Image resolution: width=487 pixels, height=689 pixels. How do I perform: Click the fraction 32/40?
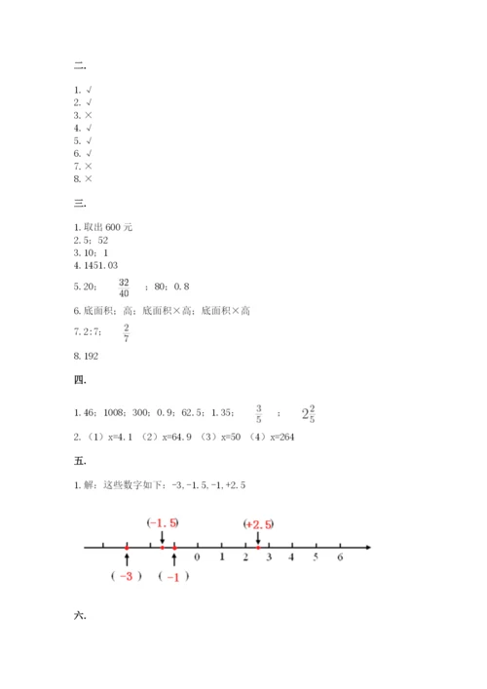click(x=123, y=287)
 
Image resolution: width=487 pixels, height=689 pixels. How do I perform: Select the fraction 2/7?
click(x=127, y=333)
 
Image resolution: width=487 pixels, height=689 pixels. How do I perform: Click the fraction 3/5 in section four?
click(x=258, y=413)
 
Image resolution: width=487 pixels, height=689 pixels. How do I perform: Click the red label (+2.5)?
click(x=258, y=524)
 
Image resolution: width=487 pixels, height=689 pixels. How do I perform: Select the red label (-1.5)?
click(x=163, y=523)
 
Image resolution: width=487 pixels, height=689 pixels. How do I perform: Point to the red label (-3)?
click(x=127, y=576)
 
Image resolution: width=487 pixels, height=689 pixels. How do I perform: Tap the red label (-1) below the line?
click(x=174, y=576)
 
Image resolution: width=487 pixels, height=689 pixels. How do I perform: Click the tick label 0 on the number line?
click(x=198, y=557)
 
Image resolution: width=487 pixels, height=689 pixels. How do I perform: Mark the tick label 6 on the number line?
click(x=340, y=557)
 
